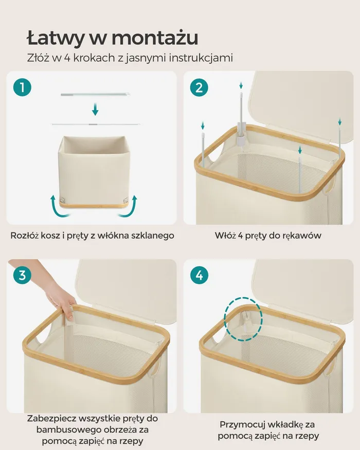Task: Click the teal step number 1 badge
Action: coord(23,87)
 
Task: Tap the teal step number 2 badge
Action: coord(199,87)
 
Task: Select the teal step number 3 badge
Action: coord(23,275)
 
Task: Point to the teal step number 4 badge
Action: coord(199,275)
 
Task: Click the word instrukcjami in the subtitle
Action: coord(201,58)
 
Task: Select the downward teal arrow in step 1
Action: coord(95,110)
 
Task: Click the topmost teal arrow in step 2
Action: coord(241,85)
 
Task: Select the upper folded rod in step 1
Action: coord(95,94)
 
